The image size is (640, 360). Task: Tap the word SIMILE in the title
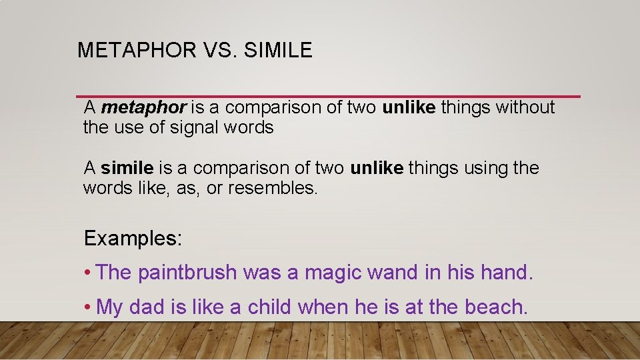click(278, 50)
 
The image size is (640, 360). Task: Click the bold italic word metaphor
click(143, 108)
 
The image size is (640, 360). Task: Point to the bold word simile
click(127, 168)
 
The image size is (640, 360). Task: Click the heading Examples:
click(133, 238)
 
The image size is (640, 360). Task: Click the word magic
click(330, 272)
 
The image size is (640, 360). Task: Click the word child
click(271, 307)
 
